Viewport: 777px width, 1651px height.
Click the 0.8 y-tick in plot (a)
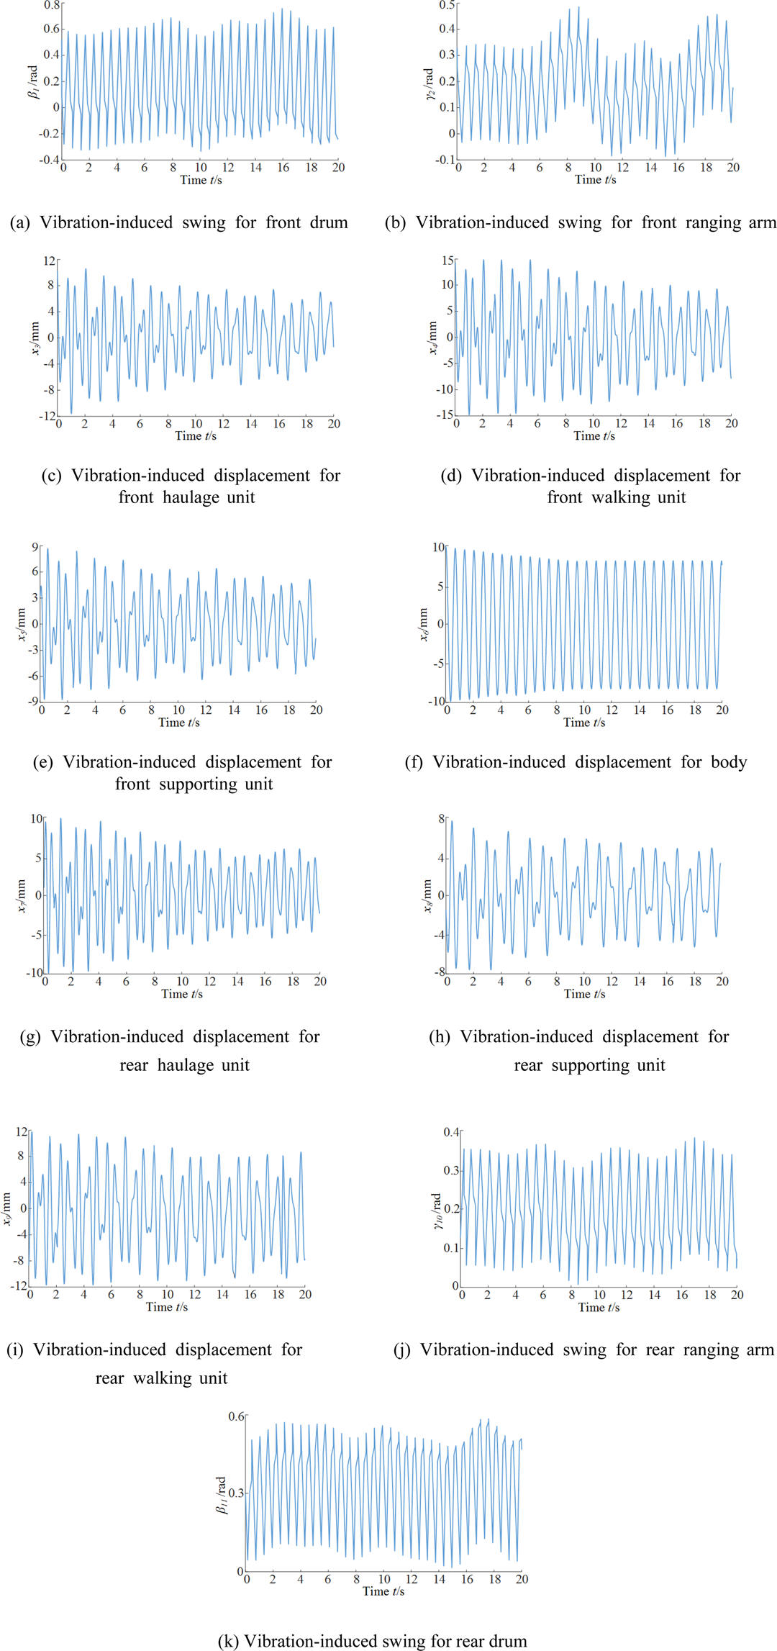pos(52,6)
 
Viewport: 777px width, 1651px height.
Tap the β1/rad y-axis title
pos(33,82)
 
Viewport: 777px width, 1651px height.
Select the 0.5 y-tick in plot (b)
pos(447,6)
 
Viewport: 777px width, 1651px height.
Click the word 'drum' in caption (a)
pos(329,222)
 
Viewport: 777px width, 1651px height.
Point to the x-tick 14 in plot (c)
pos(251,424)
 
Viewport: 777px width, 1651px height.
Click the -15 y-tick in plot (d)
pos(446,415)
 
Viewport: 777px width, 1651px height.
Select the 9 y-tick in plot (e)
pos(35,548)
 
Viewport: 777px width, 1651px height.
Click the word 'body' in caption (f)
pos(729,762)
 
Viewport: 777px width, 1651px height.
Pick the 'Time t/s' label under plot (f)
pos(584,723)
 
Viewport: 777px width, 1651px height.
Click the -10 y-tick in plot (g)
pos(35,973)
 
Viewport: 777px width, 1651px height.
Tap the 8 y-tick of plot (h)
pos(442,819)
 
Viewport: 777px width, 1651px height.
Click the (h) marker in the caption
pos(440,1037)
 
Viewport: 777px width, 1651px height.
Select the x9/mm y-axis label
pos(6,1208)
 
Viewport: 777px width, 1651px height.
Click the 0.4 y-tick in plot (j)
pos(451,1132)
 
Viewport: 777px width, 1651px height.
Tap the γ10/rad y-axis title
pos(437,1211)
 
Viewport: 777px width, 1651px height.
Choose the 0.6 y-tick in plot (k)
pos(236,1416)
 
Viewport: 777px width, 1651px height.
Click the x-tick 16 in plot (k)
pos(468,1579)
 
